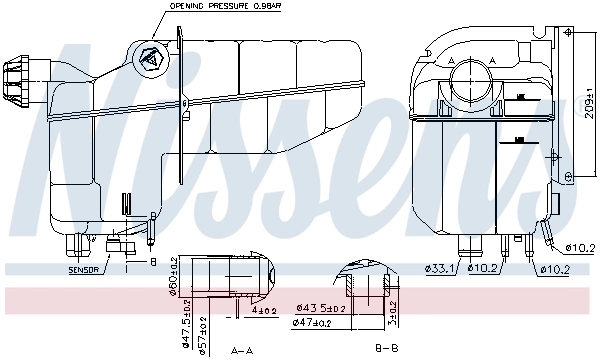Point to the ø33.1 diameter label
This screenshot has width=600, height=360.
pyautogui.click(x=441, y=267)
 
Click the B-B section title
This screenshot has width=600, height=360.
pyautogui.click(x=386, y=349)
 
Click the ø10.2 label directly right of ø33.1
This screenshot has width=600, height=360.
pyautogui.click(x=487, y=267)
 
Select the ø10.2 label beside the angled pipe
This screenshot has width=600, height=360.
pyautogui.click(x=579, y=247)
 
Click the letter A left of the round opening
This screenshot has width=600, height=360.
pyautogui.click(x=453, y=61)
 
